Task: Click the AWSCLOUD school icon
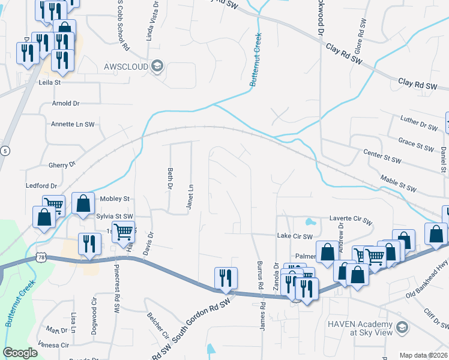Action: (157, 65)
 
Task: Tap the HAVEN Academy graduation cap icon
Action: (402, 328)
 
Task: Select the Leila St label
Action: (50, 82)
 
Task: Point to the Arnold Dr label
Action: (65, 103)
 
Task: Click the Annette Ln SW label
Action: (73, 124)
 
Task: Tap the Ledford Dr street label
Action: (41, 186)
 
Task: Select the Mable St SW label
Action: (398, 184)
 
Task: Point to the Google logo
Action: (20, 353)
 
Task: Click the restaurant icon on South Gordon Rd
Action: (226, 280)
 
